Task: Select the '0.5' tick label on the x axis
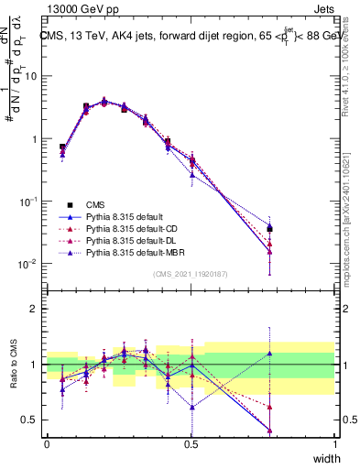191,443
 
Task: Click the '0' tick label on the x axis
47,443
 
